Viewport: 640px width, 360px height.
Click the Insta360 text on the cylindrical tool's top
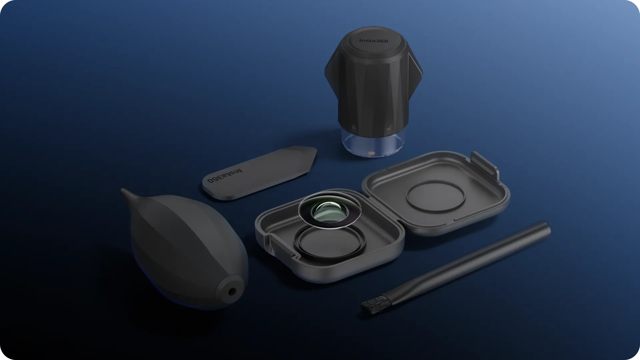click(373, 41)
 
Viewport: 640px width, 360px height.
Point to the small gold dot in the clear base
click(372, 153)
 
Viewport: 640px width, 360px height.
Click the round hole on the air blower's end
click(232, 292)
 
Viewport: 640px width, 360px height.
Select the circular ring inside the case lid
click(435, 197)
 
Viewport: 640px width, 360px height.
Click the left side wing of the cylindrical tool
click(331, 73)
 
